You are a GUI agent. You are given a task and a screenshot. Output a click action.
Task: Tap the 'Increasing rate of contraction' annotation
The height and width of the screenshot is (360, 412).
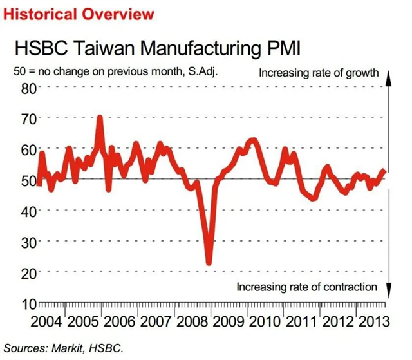pos(306,287)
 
